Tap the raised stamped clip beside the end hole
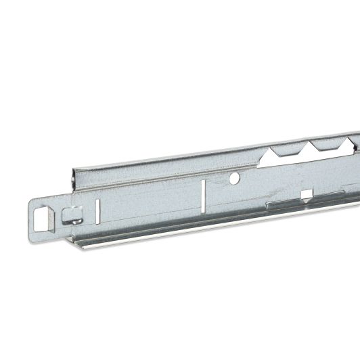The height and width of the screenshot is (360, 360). tap(70, 216)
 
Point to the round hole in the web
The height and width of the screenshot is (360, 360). tap(234, 179)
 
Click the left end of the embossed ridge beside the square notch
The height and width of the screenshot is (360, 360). tap(268, 204)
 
